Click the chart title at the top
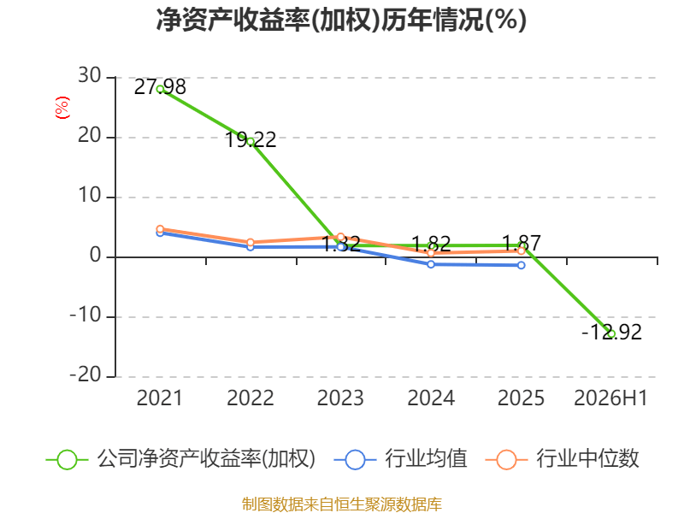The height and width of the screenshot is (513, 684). (341, 20)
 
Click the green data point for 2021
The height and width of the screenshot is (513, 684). (160, 89)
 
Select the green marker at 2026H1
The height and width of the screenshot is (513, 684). (611, 334)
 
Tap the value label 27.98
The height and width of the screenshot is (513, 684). (160, 87)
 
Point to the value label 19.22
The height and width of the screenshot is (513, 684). (251, 140)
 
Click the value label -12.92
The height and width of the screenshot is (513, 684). (611, 333)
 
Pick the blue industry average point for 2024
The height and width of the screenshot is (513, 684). (431, 264)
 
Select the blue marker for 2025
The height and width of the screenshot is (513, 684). (522, 265)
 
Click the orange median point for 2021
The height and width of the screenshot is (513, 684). (160, 229)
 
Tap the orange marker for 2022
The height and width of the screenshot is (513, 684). (251, 242)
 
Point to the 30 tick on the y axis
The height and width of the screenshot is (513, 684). (90, 76)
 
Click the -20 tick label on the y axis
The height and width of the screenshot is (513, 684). (85, 375)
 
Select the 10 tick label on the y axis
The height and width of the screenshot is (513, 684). (90, 196)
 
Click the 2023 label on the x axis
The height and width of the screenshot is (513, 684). (340, 398)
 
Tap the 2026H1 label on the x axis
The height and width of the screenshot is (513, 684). (610, 398)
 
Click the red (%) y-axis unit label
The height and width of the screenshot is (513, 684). (62, 108)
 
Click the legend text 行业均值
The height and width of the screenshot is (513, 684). (426, 459)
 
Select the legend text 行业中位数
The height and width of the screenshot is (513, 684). (587, 459)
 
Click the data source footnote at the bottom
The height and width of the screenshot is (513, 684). (342, 504)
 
